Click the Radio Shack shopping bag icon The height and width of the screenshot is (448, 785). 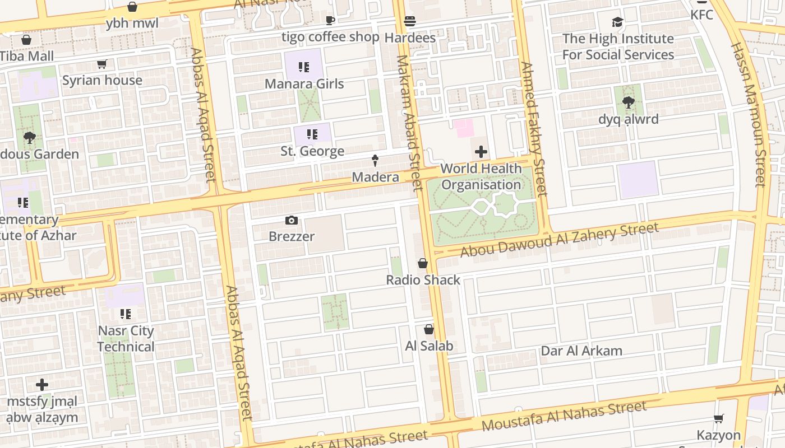pos(423,263)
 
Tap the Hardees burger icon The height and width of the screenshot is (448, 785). pos(410,21)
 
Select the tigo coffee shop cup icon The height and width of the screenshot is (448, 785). pos(330,21)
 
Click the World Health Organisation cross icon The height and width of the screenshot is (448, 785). pos(481,152)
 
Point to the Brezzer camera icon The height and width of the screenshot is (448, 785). pos(291,220)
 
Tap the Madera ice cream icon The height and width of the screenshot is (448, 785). pos(375,161)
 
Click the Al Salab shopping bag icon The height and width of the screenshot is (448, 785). pos(429,329)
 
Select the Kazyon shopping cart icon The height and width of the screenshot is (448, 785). pos(718,418)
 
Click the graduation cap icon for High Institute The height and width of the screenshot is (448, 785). pos(617,22)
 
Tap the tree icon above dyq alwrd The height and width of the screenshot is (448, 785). pos(628,102)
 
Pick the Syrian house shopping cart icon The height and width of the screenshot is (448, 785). pos(101,64)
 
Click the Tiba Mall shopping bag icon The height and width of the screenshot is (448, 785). pos(26,40)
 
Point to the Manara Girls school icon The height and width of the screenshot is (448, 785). pos(304,68)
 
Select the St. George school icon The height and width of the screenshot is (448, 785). pos(312,134)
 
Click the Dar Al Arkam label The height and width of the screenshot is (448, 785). pos(581,351)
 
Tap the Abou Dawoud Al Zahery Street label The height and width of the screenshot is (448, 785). pos(559,240)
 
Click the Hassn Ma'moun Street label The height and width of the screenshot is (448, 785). pos(749,115)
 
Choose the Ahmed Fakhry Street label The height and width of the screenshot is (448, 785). pos(533,129)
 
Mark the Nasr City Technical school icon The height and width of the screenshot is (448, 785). pos(126,314)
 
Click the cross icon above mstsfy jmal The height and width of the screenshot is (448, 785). pos(42,385)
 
